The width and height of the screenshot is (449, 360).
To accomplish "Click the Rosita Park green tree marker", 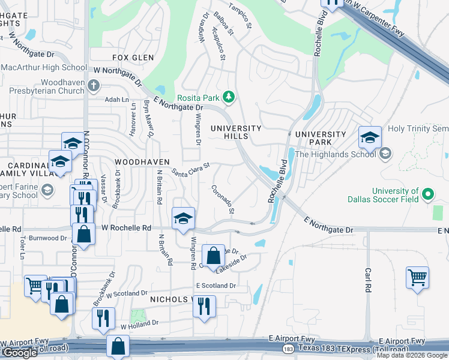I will point(228,97).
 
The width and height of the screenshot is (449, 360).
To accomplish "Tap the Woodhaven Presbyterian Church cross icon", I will point(93,85).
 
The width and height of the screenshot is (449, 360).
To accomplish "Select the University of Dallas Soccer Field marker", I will point(427,194).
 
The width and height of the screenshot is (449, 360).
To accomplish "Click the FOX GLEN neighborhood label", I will point(133,58).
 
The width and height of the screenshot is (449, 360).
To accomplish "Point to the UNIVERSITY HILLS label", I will point(236,132).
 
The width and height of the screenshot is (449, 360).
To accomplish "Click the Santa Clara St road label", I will point(190,169).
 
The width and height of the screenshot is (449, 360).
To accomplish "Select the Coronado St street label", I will point(223,200).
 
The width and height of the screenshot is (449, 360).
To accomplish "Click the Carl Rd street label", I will point(369,281).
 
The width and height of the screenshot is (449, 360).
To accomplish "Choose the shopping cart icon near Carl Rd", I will point(417,277).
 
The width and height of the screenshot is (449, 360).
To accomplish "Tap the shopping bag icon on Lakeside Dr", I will point(213,256).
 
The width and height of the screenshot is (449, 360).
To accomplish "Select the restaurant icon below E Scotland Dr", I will point(204,306).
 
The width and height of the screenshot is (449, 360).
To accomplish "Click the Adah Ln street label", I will point(117,100).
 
